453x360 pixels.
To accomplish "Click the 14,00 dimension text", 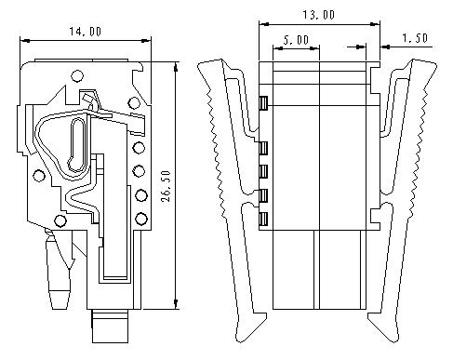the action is pyautogui.click(x=85, y=32).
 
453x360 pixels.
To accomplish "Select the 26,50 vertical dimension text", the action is pyautogui.click(x=166, y=186).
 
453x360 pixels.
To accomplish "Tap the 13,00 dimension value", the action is pyautogui.click(x=318, y=15).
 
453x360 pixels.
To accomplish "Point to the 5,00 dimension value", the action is pyautogui.click(x=296, y=40).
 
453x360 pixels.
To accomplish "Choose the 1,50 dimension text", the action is pyautogui.click(x=415, y=38).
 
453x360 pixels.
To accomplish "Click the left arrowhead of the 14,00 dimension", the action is pyautogui.click(x=25, y=40).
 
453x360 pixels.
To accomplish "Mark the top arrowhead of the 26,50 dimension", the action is pyautogui.click(x=176, y=67).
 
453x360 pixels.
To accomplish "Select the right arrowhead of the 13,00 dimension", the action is pyautogui.click(x=375, y=24).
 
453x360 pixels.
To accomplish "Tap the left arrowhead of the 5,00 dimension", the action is pyautogui.click(x=278, y=48).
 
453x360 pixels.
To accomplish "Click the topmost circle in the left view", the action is pyautogui.click(x=77, y=75).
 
